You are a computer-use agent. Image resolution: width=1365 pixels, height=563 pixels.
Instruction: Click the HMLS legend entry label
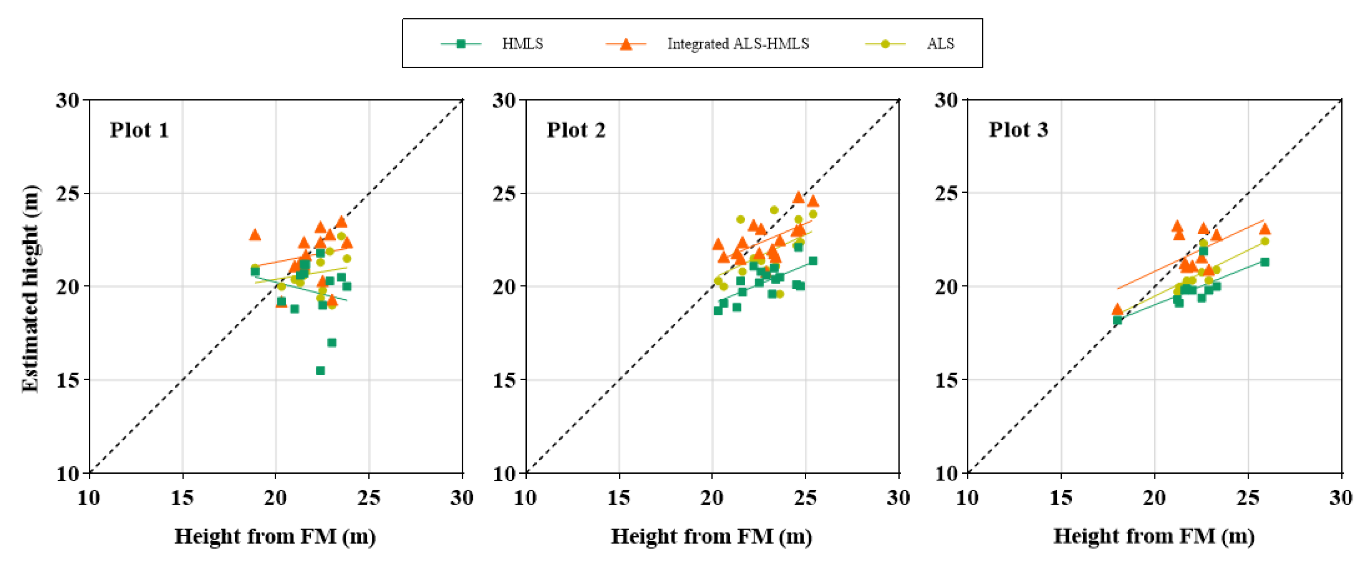click(x=522, y=44)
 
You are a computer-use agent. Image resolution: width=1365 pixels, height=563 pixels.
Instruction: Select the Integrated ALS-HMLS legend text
click(x=738, y=44)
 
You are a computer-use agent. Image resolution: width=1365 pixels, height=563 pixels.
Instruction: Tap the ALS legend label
click(x=940, y=44)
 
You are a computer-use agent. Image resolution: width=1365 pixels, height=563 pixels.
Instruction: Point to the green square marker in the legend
click(x=461, y=44)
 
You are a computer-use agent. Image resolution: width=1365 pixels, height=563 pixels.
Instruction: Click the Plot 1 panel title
click(x=139, y=130)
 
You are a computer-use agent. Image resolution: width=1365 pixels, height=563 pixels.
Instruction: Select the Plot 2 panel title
click(x=576, y=130)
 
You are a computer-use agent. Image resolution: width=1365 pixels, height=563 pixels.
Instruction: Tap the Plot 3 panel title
click(x=1018, y=129)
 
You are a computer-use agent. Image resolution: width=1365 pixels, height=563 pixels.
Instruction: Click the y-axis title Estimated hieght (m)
click(x=30, y=289)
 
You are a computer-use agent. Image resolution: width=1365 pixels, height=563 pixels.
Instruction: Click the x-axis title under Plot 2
click(x=711, y=536)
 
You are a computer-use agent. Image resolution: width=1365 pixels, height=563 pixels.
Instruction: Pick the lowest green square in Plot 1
click(x=320, y=371)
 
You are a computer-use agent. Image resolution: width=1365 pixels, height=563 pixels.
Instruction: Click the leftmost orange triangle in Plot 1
click(x=255, y=234)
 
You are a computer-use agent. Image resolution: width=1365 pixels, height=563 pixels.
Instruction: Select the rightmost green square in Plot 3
click(x=1264, y=262)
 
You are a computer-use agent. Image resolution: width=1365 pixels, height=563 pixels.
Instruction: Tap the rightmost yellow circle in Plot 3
click(x=1264, y=241)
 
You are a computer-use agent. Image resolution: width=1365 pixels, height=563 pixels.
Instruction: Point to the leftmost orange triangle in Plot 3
click(x=1117, y=309)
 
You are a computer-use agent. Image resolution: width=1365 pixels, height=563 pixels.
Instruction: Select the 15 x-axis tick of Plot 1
click(x=182, y=498)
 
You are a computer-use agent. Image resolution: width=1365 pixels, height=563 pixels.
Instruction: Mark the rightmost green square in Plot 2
click(x=812, y=261)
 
